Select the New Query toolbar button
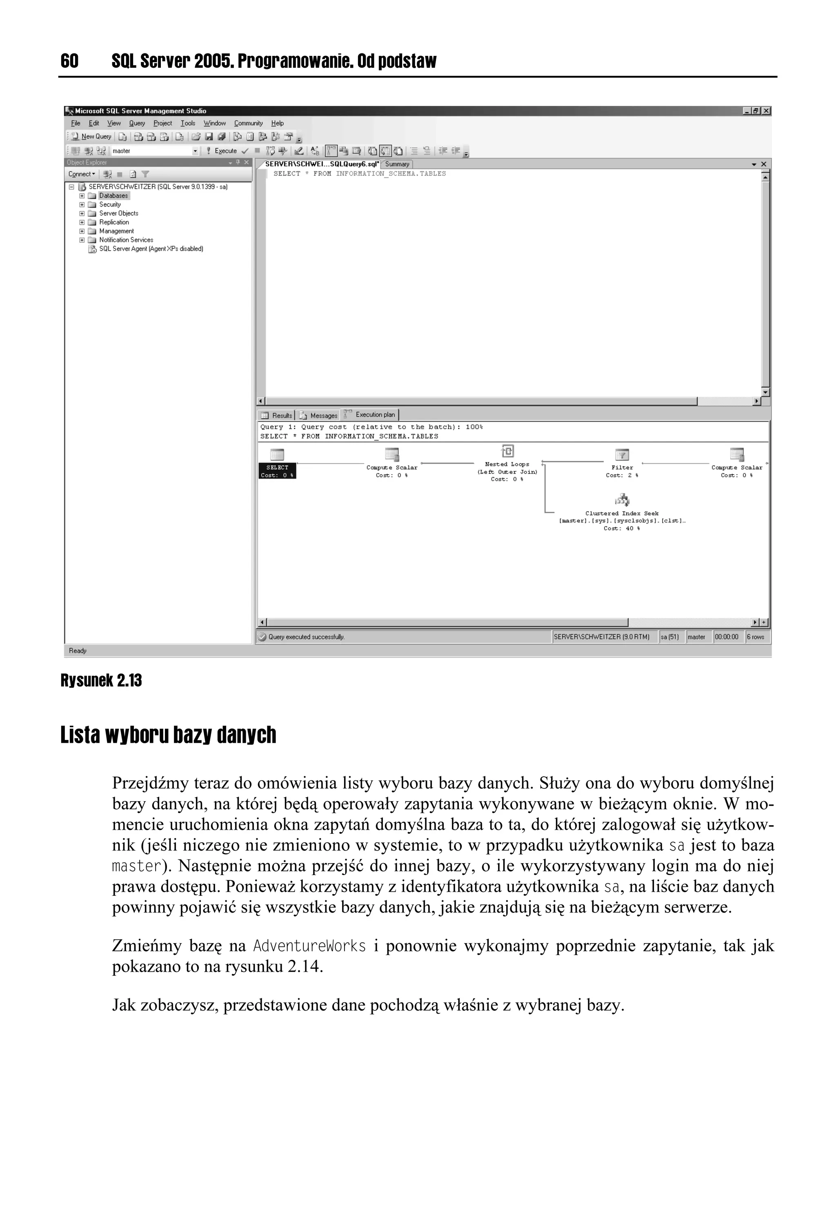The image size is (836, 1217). pyautogui.click(x=92, y=137)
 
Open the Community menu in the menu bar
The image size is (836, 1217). pyautogui.click(x=248, y=124)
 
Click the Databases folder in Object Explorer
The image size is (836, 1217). pyautogui.click(x=113, y=196)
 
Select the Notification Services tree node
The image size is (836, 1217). pyautogui.click(x=126, y=240)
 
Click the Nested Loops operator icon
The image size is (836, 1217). pyautogui.click(x=507, y=452)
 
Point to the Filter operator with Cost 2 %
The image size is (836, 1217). pyautogui.click(x=622, y=455)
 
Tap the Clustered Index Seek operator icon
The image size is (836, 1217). pyautogui.click(x=622, y=499)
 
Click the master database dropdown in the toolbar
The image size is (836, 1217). pyautogui.click(x=155, y=151)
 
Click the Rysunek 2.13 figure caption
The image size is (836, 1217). pyautogui.click(x=101, y=680)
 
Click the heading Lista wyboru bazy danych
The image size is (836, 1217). pyautogui.click(x=168, y=735)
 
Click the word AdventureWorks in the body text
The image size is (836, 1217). pyautogui.click(x=309, y=946)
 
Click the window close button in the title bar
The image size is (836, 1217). pyautogui.click(x=766, y=111)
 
